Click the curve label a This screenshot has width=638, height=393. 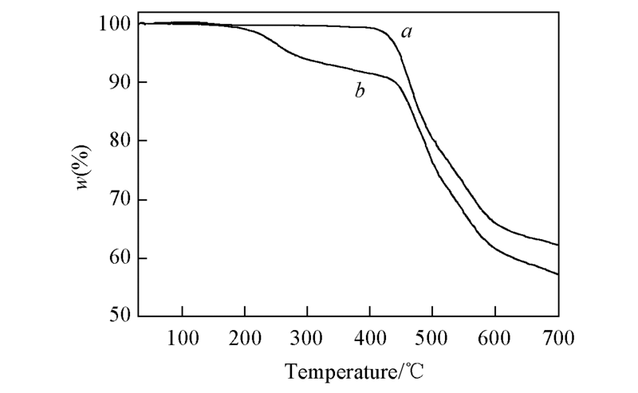(407, 33)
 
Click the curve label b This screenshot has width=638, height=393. (360, 92)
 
